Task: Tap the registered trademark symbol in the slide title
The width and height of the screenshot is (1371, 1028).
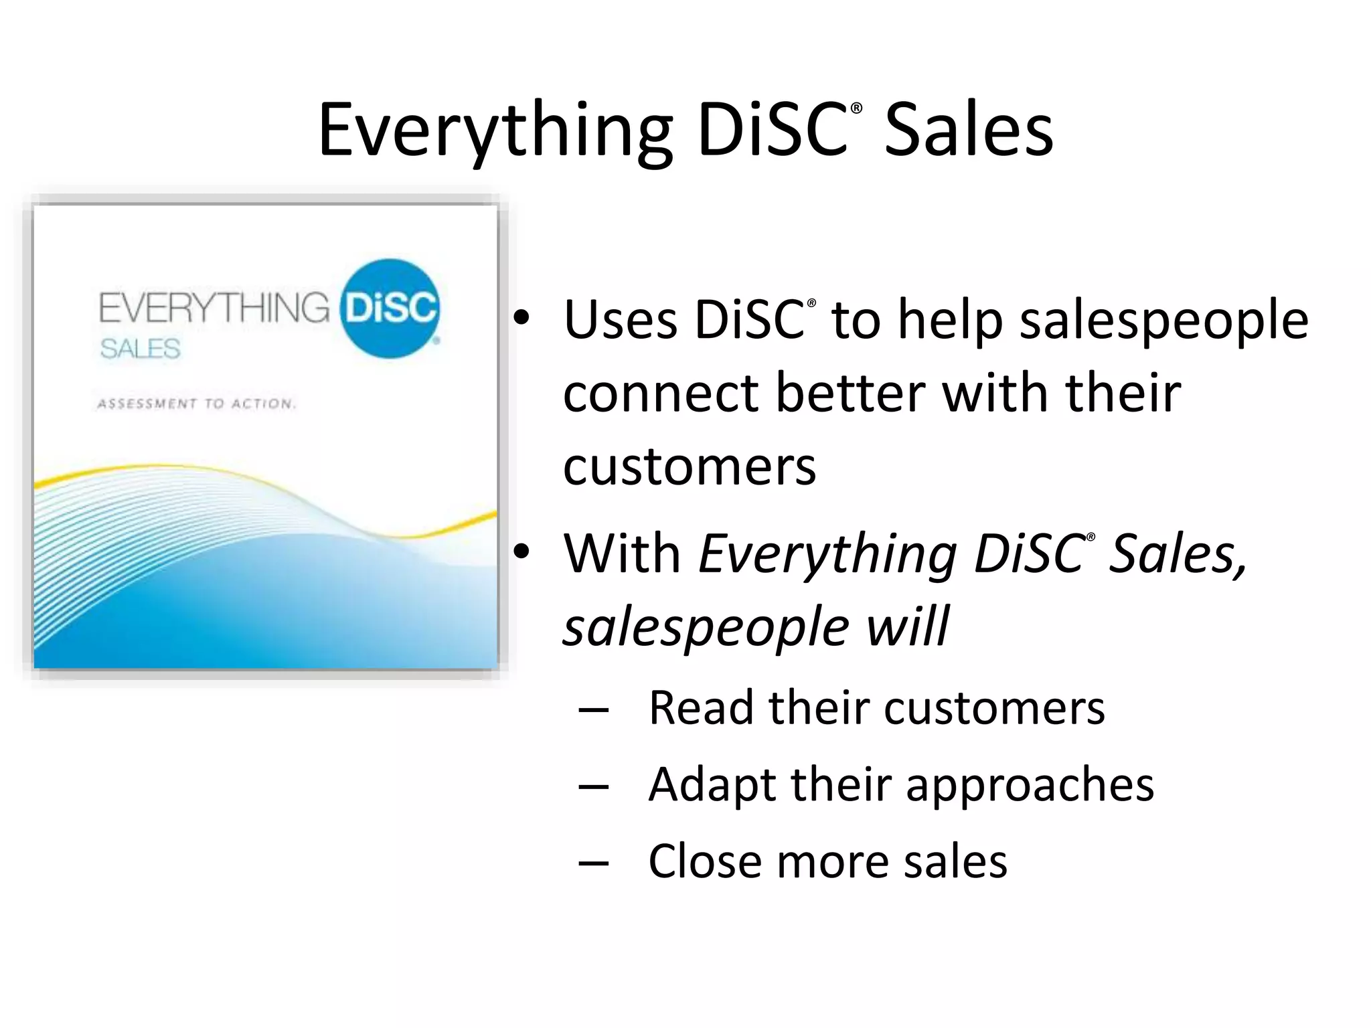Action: pos(856,108)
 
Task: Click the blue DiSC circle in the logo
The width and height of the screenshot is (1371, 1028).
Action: pos(390,309)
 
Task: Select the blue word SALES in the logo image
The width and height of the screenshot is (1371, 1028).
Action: pos(140,349)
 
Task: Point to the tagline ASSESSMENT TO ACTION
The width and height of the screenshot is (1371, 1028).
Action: pos(196,404)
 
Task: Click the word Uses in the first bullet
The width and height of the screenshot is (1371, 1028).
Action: pos(620,320)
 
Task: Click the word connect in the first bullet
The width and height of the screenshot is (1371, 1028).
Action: pos(660,393)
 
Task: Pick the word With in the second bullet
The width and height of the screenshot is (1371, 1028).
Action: pos(622,553)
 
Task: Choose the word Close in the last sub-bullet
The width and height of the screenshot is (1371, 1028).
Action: pos(703,861)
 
